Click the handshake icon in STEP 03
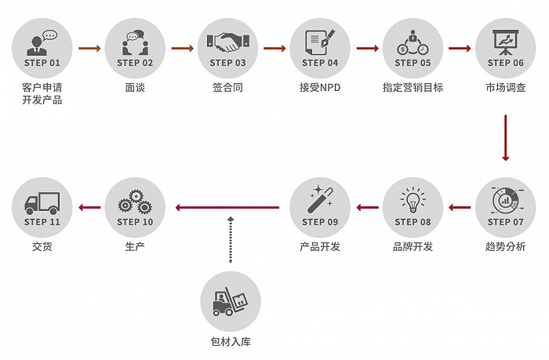coord(227,42)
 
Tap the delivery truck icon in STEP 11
coord(42,203)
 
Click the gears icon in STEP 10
coord(135,202)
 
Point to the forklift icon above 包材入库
coord(230,301)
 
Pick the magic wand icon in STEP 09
coord(320,200)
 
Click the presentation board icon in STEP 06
coord(505,42)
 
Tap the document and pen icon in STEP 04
coord(320,42)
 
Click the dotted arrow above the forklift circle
coord(231,239)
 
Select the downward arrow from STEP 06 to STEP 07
coord(505,137)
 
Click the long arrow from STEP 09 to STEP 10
coord(227,208)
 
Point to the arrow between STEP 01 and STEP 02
coord(89,48)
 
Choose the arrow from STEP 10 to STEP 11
coord(89,208)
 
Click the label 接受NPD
coord(320,87)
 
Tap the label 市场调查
coord(506,87)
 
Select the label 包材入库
coord(231,341)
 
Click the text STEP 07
coord(505,222)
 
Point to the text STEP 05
coord(413,63)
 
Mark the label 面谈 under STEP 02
coord(135,87)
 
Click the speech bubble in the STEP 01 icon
coord(49,35)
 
